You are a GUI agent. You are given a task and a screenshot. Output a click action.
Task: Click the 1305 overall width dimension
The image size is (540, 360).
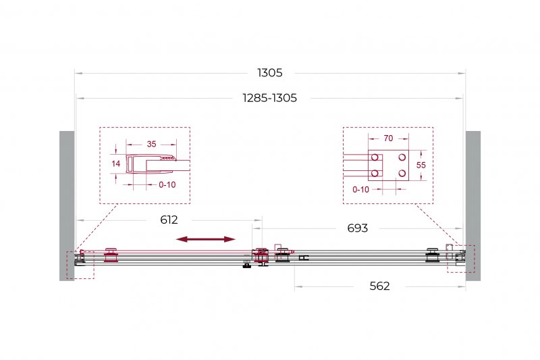pos(269,73)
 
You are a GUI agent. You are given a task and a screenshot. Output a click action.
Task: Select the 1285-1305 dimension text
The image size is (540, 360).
pos(269,98)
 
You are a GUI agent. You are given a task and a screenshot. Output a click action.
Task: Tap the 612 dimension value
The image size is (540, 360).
pos(169,220)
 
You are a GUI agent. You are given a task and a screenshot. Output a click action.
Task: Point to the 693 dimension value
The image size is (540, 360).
pos(358,228)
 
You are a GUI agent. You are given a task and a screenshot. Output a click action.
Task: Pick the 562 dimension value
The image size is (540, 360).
pos(379,286)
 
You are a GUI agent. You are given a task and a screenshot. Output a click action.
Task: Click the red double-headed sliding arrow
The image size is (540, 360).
pos(206,239)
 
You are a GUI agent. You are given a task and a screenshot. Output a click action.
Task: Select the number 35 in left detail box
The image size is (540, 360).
pos(151,144)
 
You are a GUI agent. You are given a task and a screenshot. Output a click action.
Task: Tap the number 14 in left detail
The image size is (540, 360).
pos(115,163)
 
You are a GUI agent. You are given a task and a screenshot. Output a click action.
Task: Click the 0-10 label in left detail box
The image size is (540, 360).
pos(167,185)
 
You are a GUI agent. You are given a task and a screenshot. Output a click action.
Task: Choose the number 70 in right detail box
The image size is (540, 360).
pos(388,138)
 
